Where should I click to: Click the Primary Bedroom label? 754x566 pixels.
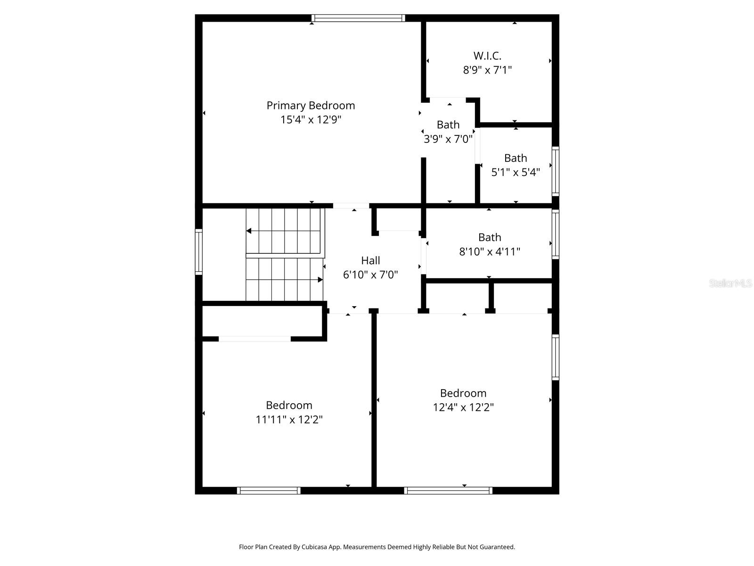tap(311, 106)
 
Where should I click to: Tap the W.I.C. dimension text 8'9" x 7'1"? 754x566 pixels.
tap(487, 70)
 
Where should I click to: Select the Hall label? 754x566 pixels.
tap(370, 260)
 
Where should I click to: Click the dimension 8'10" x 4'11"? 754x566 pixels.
tap(490, 251)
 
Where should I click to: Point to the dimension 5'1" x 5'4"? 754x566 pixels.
tap(516, 172)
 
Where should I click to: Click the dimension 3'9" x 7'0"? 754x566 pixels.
tap(448, 139)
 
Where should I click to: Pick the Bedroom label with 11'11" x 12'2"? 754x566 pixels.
tap(289, 405)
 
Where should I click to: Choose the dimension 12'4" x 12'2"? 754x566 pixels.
tap(463, 407)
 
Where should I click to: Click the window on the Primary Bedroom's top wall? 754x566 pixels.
tap(358, 18)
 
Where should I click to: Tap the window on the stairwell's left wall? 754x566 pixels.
tap(199, 252)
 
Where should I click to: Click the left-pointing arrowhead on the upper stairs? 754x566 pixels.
tap(249, 231)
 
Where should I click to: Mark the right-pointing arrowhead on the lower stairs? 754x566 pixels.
tap(320, 280)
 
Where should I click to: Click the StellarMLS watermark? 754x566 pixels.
tap(730, 283)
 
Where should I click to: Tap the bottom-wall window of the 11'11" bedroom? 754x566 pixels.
tap(269, 491)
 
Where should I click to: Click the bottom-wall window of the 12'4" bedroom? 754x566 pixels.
tap(448, 491)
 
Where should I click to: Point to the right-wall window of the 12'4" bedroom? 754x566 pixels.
tap(556, 357)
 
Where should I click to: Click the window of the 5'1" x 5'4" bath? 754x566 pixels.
tap(556, 171)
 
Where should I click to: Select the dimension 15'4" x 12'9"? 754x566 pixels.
tap(311, 120)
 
